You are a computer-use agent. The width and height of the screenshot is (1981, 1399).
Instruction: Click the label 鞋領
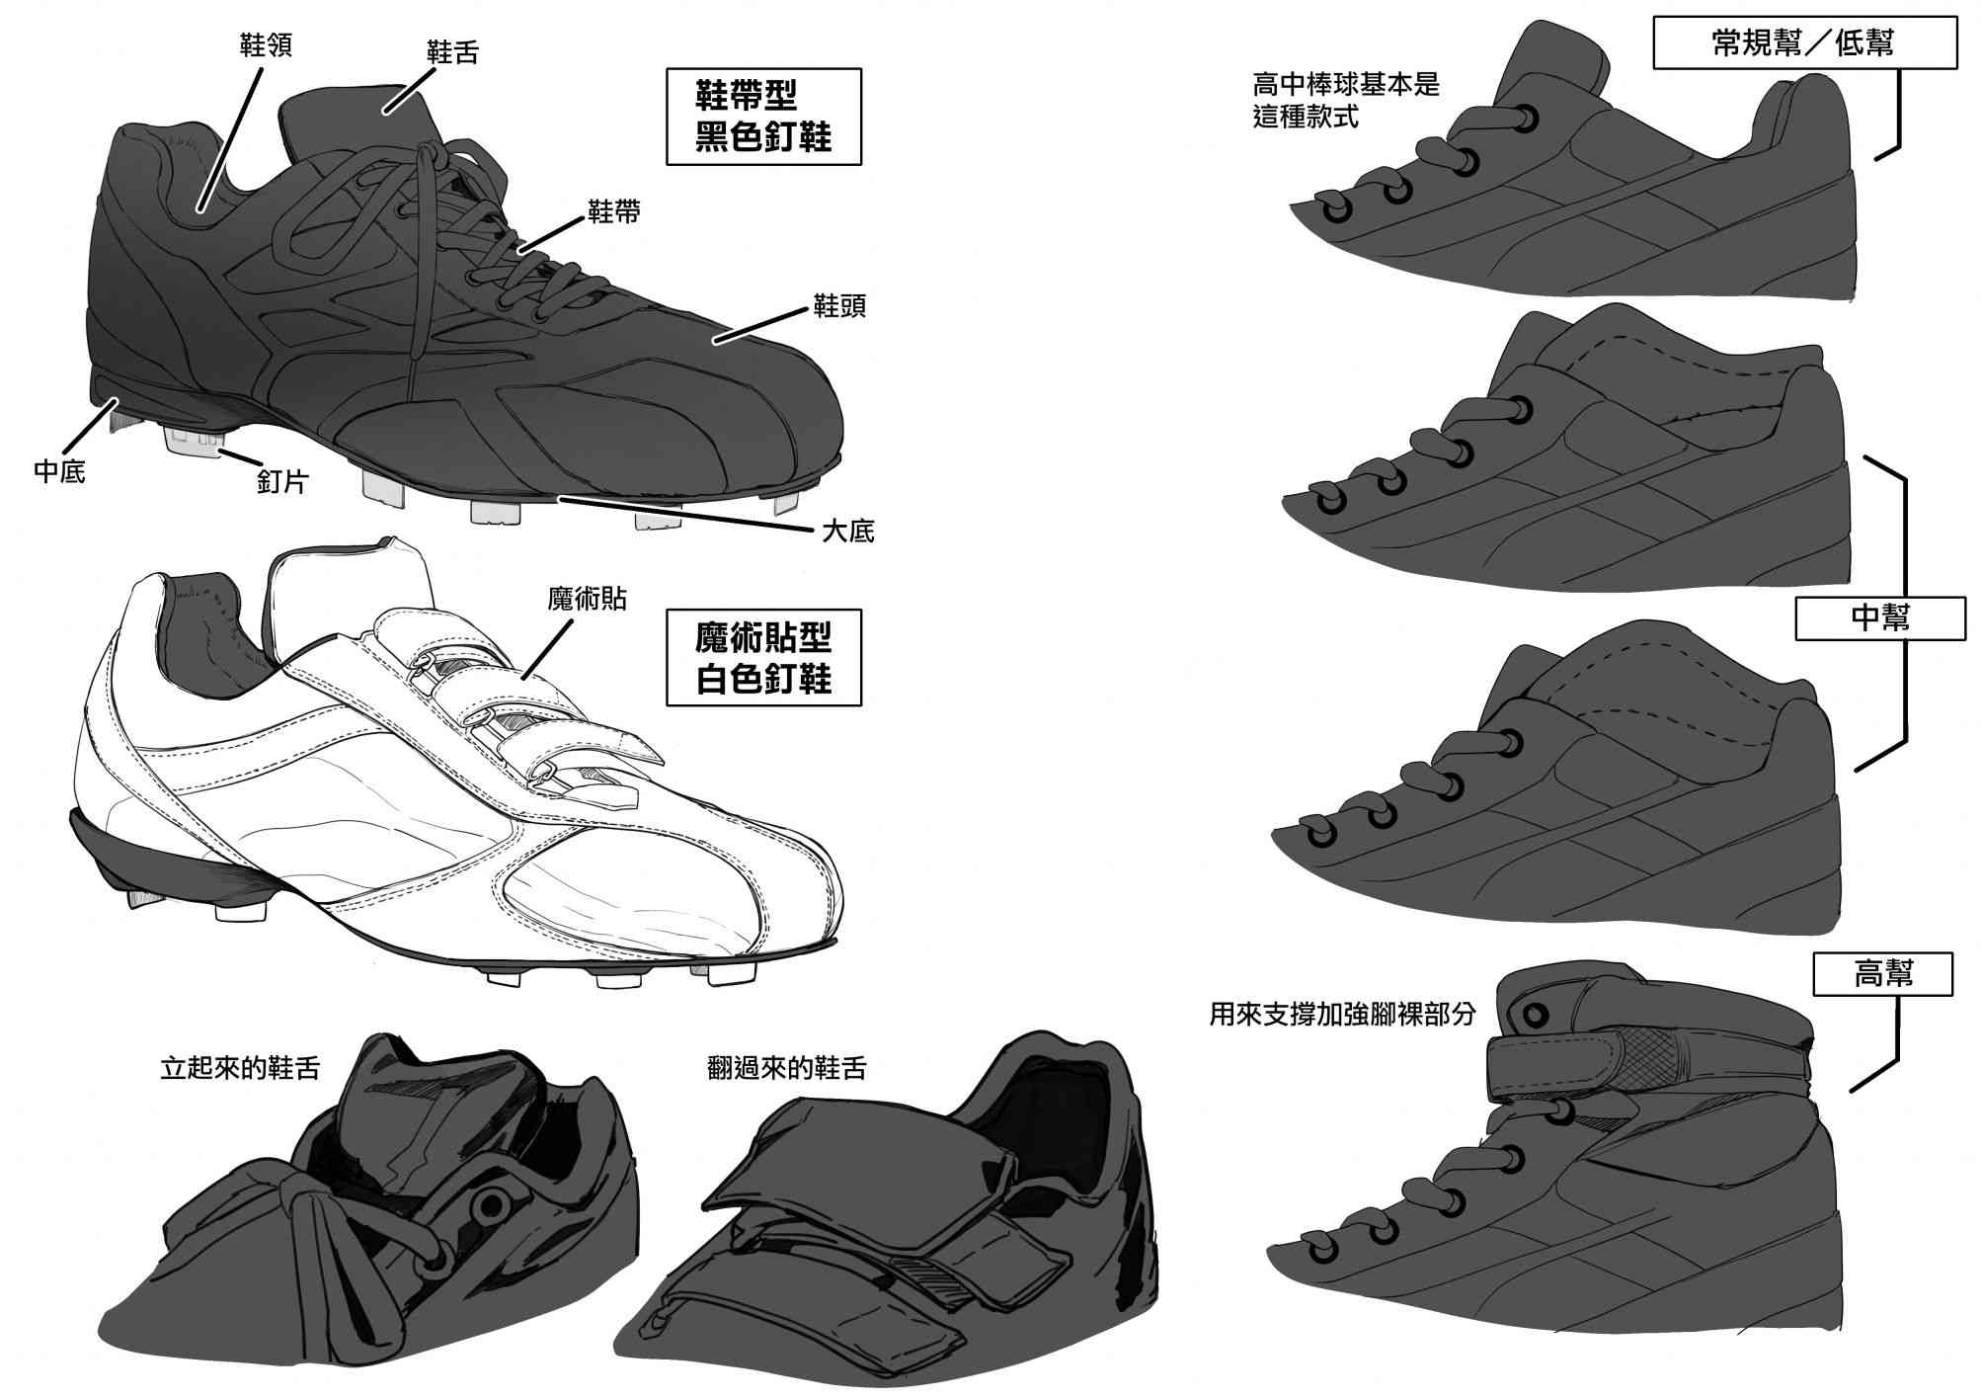click(266, 44)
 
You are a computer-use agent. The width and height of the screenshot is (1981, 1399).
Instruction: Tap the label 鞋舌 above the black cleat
click(452, 52)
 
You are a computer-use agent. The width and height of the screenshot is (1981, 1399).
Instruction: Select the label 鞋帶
click(614, 211)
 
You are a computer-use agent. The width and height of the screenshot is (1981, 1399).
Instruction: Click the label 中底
click(59, 472)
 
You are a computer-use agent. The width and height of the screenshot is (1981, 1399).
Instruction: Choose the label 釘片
click(282, 481)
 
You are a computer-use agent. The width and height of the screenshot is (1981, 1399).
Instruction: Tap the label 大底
click(848, 532)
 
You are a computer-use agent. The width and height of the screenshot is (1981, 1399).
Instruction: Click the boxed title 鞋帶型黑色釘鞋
click(763, 116)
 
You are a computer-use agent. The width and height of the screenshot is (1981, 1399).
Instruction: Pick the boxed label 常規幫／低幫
click(1804, 42)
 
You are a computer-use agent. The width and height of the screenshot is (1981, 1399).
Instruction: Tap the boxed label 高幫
click(1883, 973)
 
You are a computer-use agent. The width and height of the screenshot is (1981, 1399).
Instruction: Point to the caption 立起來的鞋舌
click(240, 1069)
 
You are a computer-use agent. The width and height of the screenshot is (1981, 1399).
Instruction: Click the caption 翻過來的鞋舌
click(787, 1069)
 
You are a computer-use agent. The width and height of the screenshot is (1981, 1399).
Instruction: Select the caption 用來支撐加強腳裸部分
click(1342, 1015)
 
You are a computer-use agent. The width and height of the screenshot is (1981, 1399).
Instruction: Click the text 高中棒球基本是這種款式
click(1345, 100)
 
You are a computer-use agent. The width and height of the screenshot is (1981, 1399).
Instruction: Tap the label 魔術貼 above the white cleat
click(587, 599)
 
